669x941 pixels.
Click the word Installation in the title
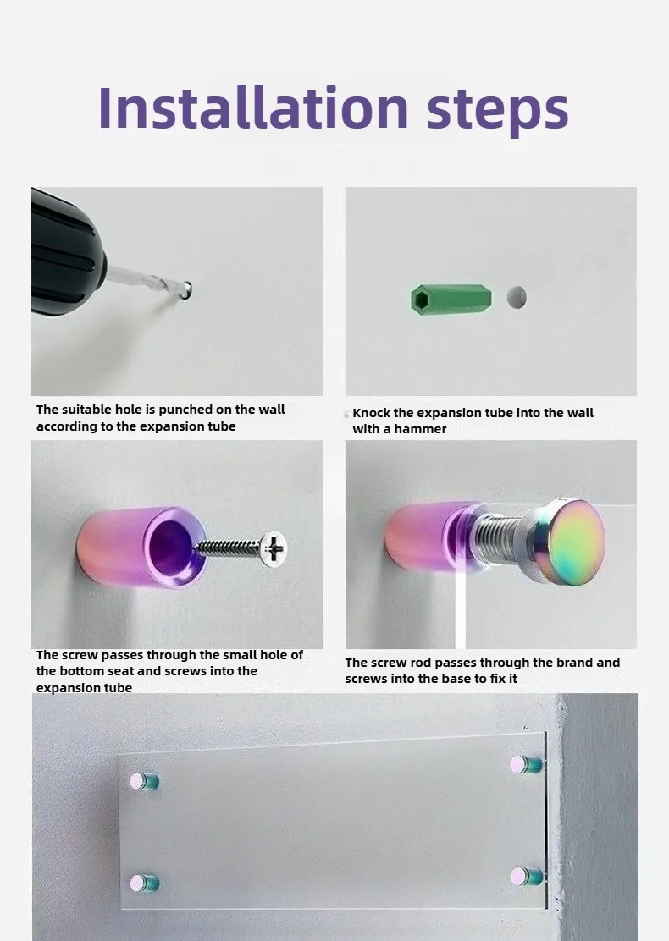[253, 107]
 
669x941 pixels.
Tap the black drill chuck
[66, 252]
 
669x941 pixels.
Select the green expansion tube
[451, 300]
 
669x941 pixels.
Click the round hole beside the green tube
[517, 297]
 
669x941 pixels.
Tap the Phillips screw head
[274, 548]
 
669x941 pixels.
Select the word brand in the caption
[575, 663]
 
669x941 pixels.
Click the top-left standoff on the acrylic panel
[144, 781]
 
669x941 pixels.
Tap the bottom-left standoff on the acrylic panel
[144, 883]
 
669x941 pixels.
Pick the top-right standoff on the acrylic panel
[526, 765]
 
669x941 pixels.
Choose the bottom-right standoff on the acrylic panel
[527, 877]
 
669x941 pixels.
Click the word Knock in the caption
[371, 413]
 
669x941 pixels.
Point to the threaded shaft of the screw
[228, 546]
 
